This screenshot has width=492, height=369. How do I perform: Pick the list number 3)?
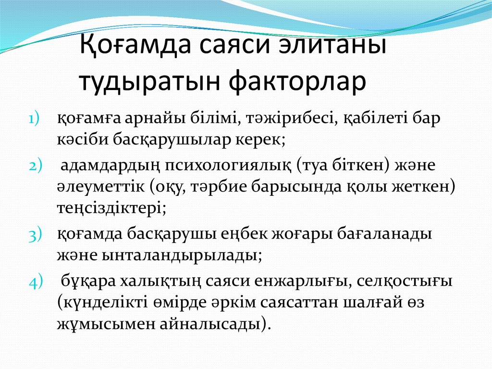(35, 234)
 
